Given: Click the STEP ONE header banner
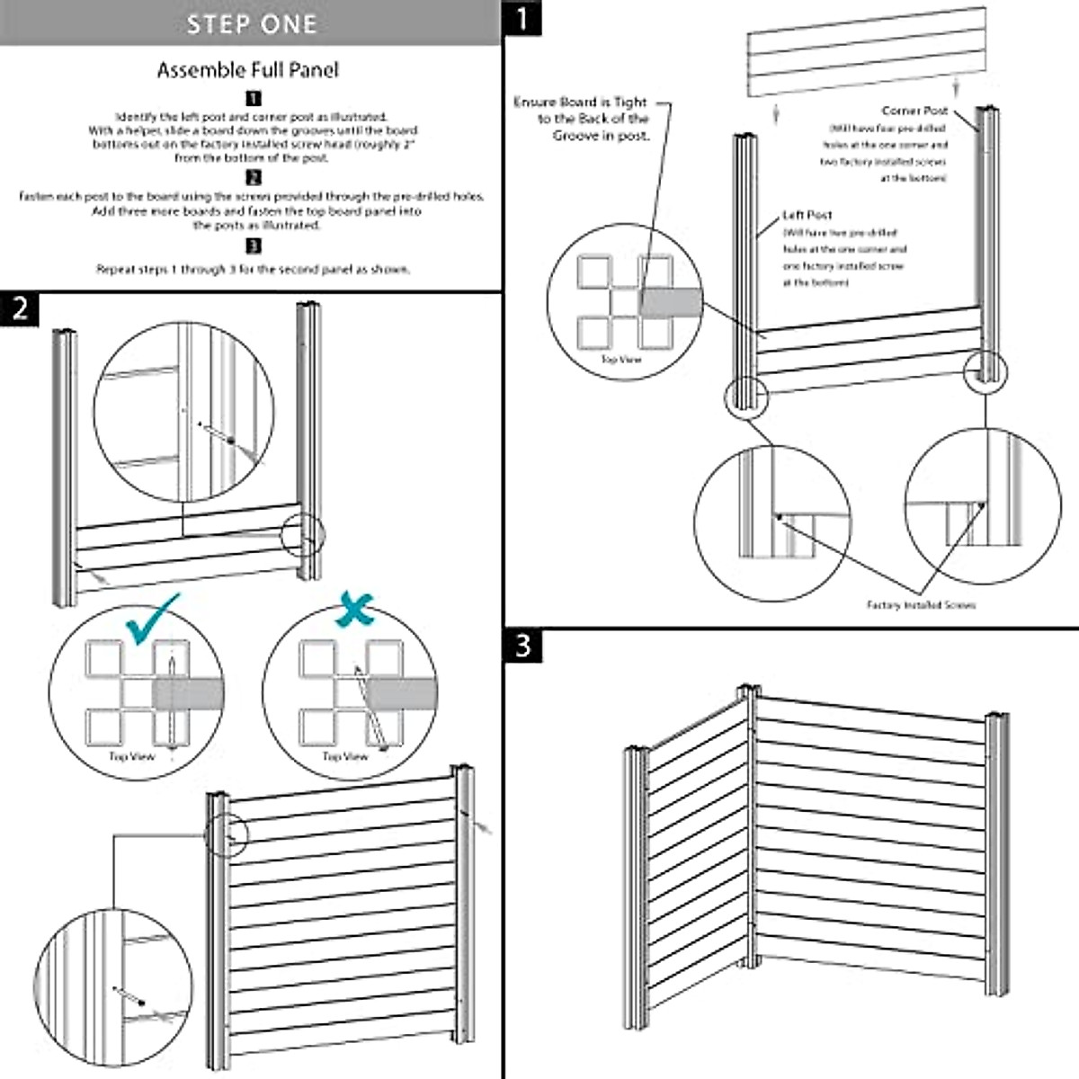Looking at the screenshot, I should click(x=250, y=23).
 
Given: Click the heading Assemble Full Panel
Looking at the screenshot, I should click(x=248, y=70).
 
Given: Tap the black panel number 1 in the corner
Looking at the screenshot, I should click(x=522, y=18).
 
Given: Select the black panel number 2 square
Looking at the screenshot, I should click(x=20, y=309).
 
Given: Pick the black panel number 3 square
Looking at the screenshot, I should click(x=523, y=646).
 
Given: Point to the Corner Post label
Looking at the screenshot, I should click(x=914, y=111).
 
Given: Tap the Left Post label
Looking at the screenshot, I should click(x=807, y=215).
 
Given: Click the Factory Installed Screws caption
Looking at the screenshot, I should click(x=921, y=605).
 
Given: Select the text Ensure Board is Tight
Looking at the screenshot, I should click(x=580, y=103).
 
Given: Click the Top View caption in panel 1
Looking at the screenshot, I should click(x=621, y=360).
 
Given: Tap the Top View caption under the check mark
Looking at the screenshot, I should click(x=132, y=757).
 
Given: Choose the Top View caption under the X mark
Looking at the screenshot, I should click(x=345, y=757).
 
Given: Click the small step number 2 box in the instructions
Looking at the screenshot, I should click(x=254, y=178).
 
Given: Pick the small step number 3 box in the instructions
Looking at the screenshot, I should click(x=254, y=246).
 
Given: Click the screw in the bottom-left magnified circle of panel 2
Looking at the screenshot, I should click(x=141, y=1001).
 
